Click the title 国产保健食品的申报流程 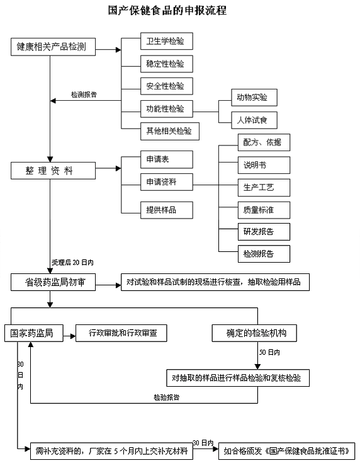coord(167,10)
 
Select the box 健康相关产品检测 coord(53,47)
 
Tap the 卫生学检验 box coord(167,41)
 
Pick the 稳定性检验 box coord(167,64)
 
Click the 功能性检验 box coord(167,108)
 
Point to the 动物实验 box coord(254,97)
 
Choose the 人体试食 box coord(254,120)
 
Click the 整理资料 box coord(53,171)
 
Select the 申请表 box coord(167,159)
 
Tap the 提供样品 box coord(167,210)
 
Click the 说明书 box coord(264,165)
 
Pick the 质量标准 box coord(264,210)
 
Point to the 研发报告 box coord(264,232)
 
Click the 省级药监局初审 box coord(53,282)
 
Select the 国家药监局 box coord(34,333)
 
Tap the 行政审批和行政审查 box coord(121,333)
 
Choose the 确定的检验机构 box coord(254,333)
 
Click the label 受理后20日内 coord(72,263)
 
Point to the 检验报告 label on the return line coord(167,397)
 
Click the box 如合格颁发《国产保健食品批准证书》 coord(286,451)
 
